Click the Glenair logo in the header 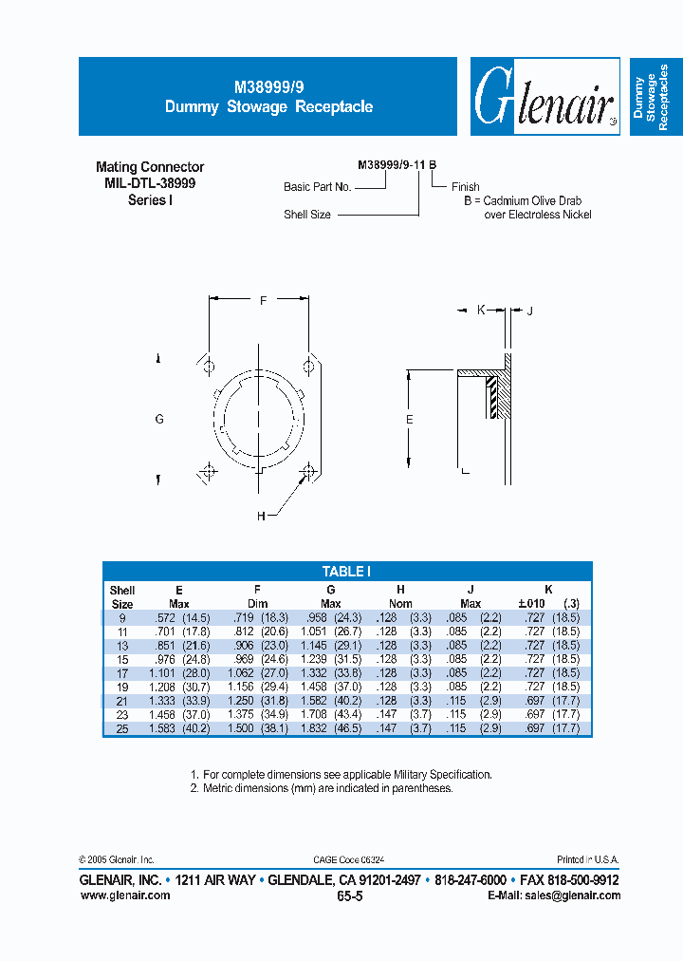tap(544, 97)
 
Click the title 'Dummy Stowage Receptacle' tap(268, 107)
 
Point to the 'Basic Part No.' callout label tap(318, 187)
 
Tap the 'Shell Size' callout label tap(307, 215)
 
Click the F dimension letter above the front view tap(263, 300)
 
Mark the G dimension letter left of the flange tap(159, 419)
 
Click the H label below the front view tap(260, 516)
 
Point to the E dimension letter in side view tap(409, 419)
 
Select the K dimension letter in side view tap(481, 310)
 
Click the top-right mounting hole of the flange tap(308, 367)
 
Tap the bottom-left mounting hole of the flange tap(208, 470)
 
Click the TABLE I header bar tap(346, 571)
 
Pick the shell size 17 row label tap(121, 671)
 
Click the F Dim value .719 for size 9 tap(246, 617)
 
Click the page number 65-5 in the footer tap(349, 895)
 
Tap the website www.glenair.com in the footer tap(124, 895)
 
